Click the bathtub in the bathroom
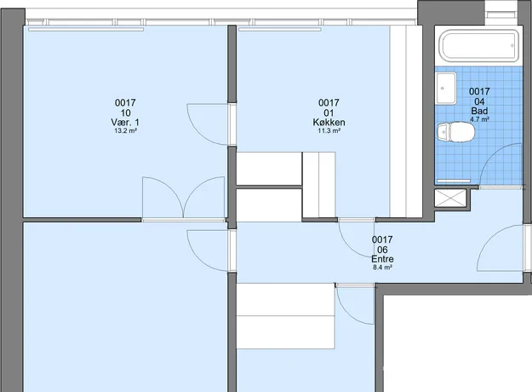pyautogui.click(x=480, y=45)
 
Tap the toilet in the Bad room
pyautogui.click(x=455, y=132)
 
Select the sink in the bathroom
pyautogui.click(x=446, y=89)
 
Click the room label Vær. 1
pyautogui.click(x=125, y=123)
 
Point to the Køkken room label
pyautogui.click(x=329, y=123)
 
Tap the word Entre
pyautogui.click(x=382, y=259)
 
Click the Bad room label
pyautogui.click(x=479, y=111)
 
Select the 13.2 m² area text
pyautogui.click(x=125, y=130)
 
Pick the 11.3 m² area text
pyautogui.click(x=329, y=130)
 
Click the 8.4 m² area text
pyautogui.click(x=382, y=268)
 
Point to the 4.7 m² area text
pyautogui.click(x=479, y=119)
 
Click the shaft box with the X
pyautogui.click(x=450, y=198)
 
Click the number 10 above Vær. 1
pyautogui.click(x=125, y=112)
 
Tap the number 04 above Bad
pyautogui.click(x=479, y=101)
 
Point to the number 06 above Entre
pyautogui.click(x=382, y=250)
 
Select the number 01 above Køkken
pyautogui.click(x=329, y=112)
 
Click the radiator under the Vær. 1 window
pyautogui.click(x=86, y=30)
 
